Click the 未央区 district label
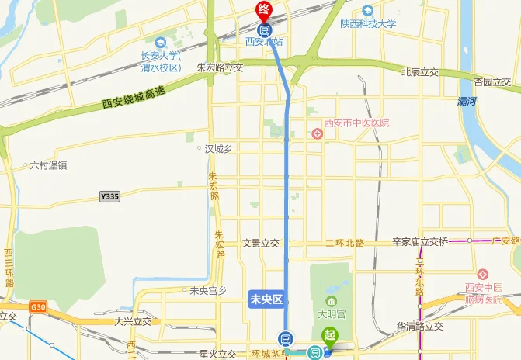coord(265,297)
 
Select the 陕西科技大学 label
coord(368,24)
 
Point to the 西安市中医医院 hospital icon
coord(317,134)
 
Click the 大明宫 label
coord(331,314)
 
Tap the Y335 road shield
coord(110,197)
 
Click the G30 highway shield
coord(39,307)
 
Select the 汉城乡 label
coord(218,148)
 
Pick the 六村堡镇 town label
coord(48,165)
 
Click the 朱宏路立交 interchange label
coord(220,67)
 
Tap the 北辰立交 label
coord(419,72)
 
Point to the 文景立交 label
coord(260,243)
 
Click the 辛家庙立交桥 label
coord(420,242)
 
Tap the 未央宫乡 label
coord(208,291)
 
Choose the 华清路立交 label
coord(419,326)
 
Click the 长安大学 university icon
coord(161,42)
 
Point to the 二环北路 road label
coord(345,243)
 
